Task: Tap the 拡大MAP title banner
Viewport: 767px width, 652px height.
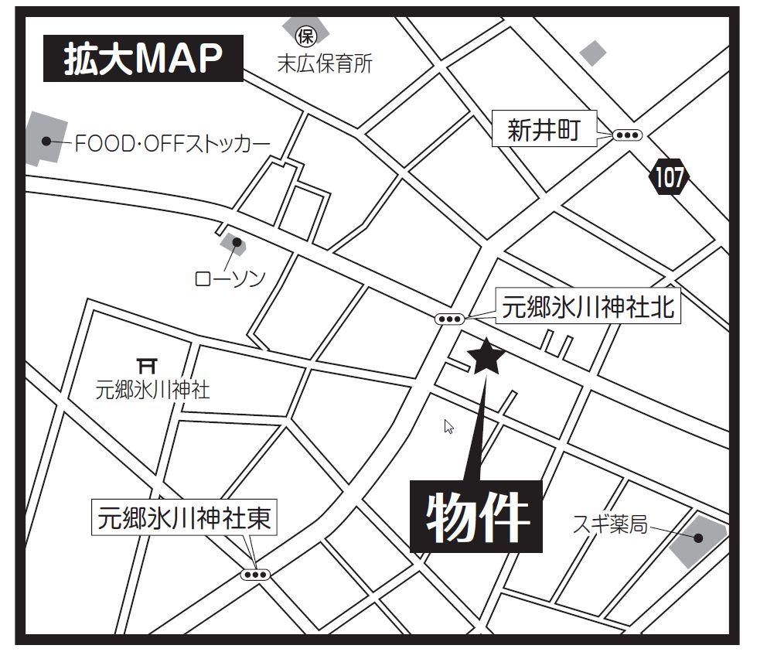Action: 142,59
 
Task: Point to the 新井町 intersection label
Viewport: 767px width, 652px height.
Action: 543,130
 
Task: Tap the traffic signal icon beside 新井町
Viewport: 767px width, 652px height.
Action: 626,135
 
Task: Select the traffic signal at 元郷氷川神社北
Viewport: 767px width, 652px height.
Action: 449,319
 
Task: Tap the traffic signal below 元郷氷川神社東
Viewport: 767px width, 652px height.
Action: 254,575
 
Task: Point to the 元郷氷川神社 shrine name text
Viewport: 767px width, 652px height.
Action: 152,389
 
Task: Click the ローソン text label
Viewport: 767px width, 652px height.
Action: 230,278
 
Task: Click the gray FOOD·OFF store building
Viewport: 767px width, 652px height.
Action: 45,139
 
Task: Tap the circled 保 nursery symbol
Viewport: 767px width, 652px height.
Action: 307,35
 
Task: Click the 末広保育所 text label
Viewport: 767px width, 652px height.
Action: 325,64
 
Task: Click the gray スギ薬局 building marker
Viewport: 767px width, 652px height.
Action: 697,538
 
